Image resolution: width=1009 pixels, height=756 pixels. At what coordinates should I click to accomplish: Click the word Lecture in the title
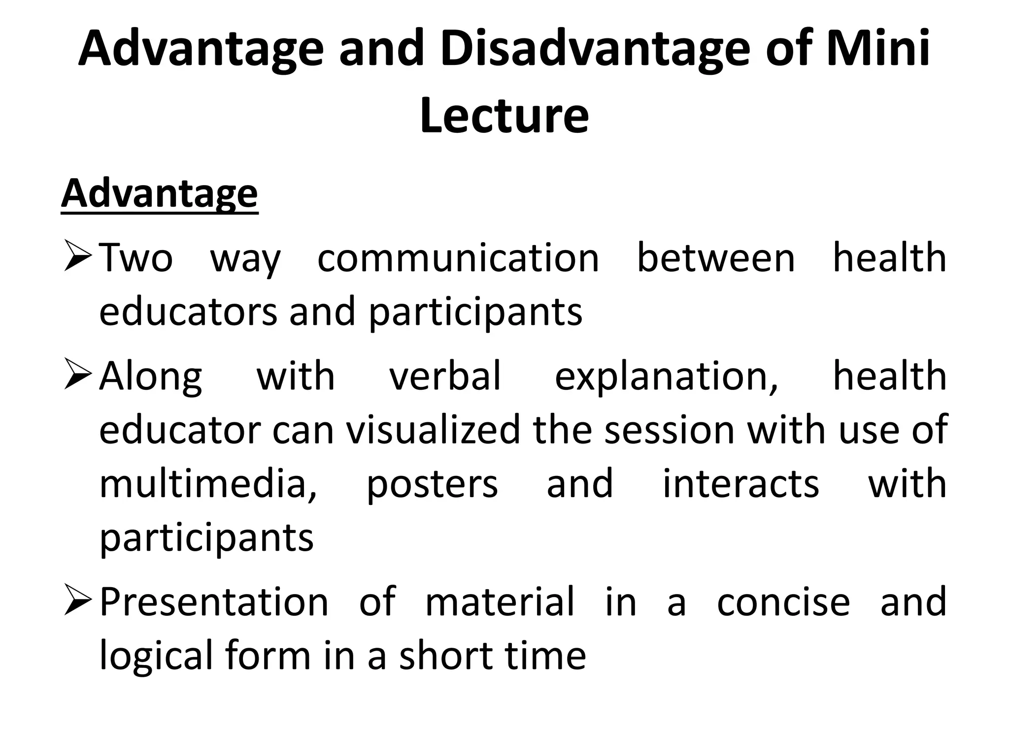coord(504,116)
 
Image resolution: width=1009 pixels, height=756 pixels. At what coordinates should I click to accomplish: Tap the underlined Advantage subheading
coord(159,194)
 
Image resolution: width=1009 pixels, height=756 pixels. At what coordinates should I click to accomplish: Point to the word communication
coord(458,259)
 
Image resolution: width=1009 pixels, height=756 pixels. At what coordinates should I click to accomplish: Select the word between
coord(716,259)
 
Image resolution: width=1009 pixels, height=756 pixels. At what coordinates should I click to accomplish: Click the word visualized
coord(433,430)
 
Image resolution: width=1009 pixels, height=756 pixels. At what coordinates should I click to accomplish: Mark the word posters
coord(432,484)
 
